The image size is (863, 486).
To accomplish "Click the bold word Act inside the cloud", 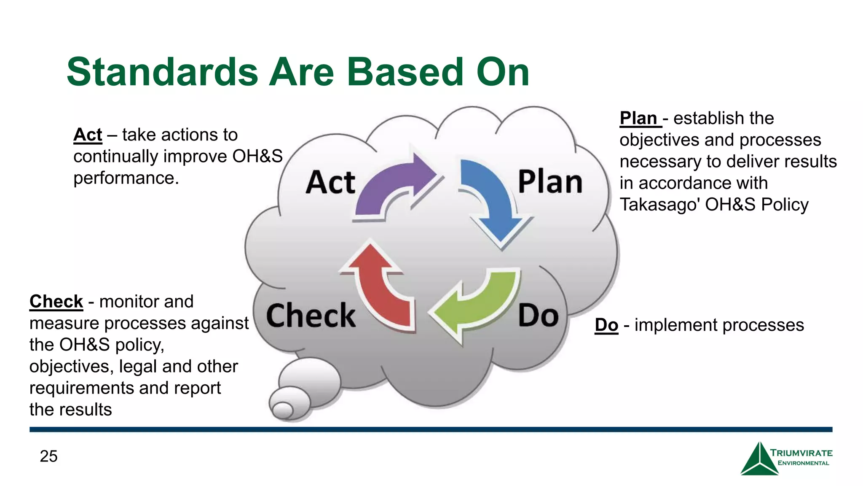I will pyautogui.click(x=330, y=183).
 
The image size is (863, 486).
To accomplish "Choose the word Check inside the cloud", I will pyautogui.click(x=311, y=316).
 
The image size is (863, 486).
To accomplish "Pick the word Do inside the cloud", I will pyautogui.click(x=538, y=316).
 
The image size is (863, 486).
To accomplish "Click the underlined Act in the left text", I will pyautogui.click(x=88, y=135).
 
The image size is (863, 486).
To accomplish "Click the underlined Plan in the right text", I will pyautogui.click(x=638, y=118).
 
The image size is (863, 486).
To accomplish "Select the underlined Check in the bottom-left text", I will pyautogui.click(x=56, y=302).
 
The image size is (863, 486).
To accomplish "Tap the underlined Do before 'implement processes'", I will pyautogui.click(x=606, y=325).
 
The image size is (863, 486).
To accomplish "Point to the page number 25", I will pyautogui.click(x=48, y=456).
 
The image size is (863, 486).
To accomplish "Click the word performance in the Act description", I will pyautogui.click(x=126, y=178).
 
